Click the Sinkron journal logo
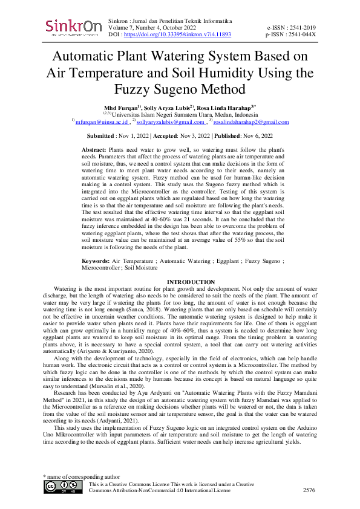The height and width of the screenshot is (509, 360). coord(71,28)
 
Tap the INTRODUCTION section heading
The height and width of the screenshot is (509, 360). coord(191,282)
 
